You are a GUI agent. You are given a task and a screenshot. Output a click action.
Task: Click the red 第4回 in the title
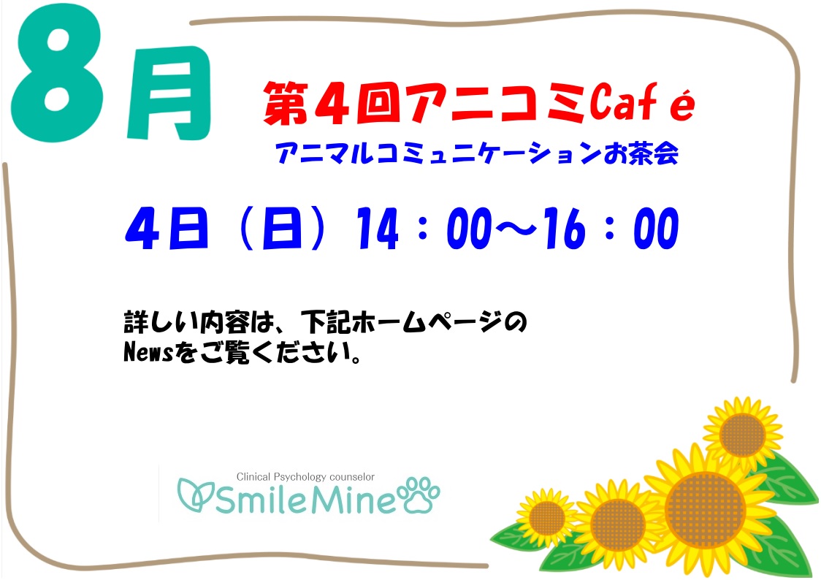[332, 103]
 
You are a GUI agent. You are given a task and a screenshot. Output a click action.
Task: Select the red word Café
[642, 102]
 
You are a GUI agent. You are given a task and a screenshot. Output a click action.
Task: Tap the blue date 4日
[167, 228]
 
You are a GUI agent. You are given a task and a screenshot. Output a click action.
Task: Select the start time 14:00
[424, 228]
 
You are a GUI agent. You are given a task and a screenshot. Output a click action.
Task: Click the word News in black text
[148, 353]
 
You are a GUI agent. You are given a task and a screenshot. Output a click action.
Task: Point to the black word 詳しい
[161, 322]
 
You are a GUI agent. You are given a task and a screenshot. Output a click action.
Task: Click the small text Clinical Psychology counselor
[305, 477]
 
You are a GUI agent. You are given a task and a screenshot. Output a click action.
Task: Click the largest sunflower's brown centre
[705, 510]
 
